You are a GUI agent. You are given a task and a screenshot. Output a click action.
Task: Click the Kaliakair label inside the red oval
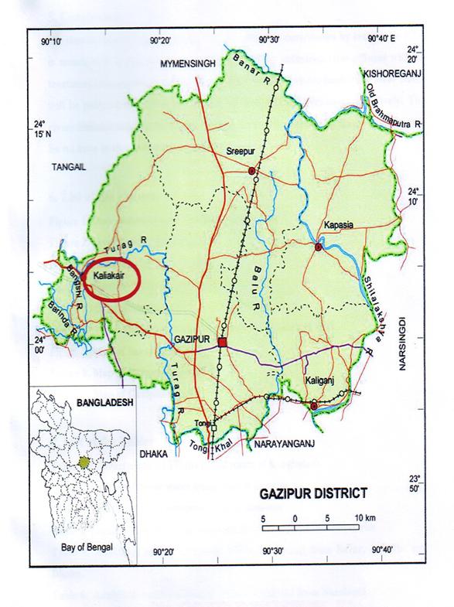tap(109, 275)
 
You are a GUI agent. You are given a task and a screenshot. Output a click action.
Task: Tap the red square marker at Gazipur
tap(223, 343)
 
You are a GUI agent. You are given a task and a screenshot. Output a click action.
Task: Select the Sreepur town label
tap(242, 152)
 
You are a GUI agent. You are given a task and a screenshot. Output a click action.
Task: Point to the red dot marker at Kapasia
tap(318, 247)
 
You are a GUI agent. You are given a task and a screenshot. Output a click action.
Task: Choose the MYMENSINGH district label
tap(190, 66)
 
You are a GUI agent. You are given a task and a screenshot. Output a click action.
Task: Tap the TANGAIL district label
tap(70, 166)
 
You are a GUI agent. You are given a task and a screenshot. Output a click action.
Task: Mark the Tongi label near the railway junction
tap(203, 423)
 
